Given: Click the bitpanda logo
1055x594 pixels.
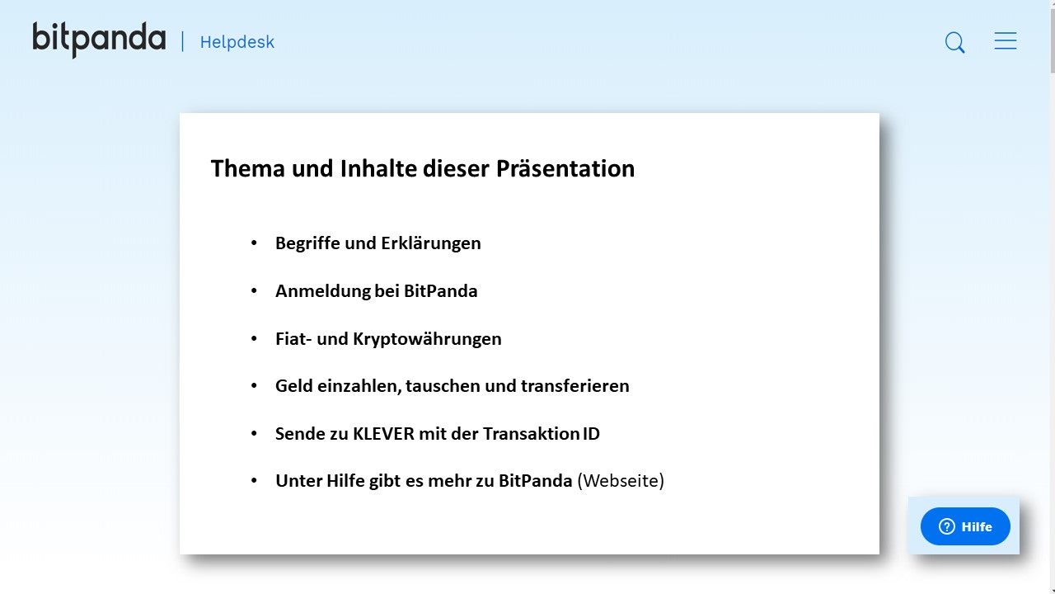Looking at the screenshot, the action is pyautogui.click(x=99, y=40).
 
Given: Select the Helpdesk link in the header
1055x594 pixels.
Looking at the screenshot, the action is pyautogui.click(x=237, y=42).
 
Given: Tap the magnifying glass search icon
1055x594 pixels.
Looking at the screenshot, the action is pyautogui.click(x=954, y=42).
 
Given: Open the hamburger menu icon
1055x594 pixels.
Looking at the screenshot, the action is pyautogui.click(x=1006, y=41).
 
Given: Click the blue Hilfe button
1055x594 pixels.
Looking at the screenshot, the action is pyautogui.click(x=965, y=526).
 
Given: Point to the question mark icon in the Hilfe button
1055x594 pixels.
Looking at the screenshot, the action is pyautogui.click(x=947, y=526).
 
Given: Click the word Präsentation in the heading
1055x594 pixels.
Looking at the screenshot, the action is pyautogui.click(x=565, y=169).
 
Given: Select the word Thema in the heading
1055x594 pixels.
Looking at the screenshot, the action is pyautogui.click(x=248, y=169).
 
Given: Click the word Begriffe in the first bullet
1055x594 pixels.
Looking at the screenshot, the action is pyautogui.click(x=307, y=243).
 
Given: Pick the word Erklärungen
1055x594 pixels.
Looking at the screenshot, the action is pyautogui.click(x=431, y=243).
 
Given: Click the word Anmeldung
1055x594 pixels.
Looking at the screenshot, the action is pyautogui.click(x=323, y=291).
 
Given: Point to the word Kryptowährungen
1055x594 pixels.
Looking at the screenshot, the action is pyautogui.click(x=427, y=339).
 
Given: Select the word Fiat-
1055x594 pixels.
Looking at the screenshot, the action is pyautogui.click(x=293, y=339).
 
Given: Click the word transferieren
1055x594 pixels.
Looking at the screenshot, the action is pyautogui.click(x=575, y=386).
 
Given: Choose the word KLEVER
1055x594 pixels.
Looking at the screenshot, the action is pyautogui.click(x=383, y=434).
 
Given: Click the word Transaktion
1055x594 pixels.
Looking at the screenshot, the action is pyautogui.click(x=531, y=434).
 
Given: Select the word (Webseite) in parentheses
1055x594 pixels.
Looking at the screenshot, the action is pyautogui.click(x=621, y=481).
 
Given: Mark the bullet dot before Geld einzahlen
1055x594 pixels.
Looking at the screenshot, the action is pyautogui.click(x=255, y=385).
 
